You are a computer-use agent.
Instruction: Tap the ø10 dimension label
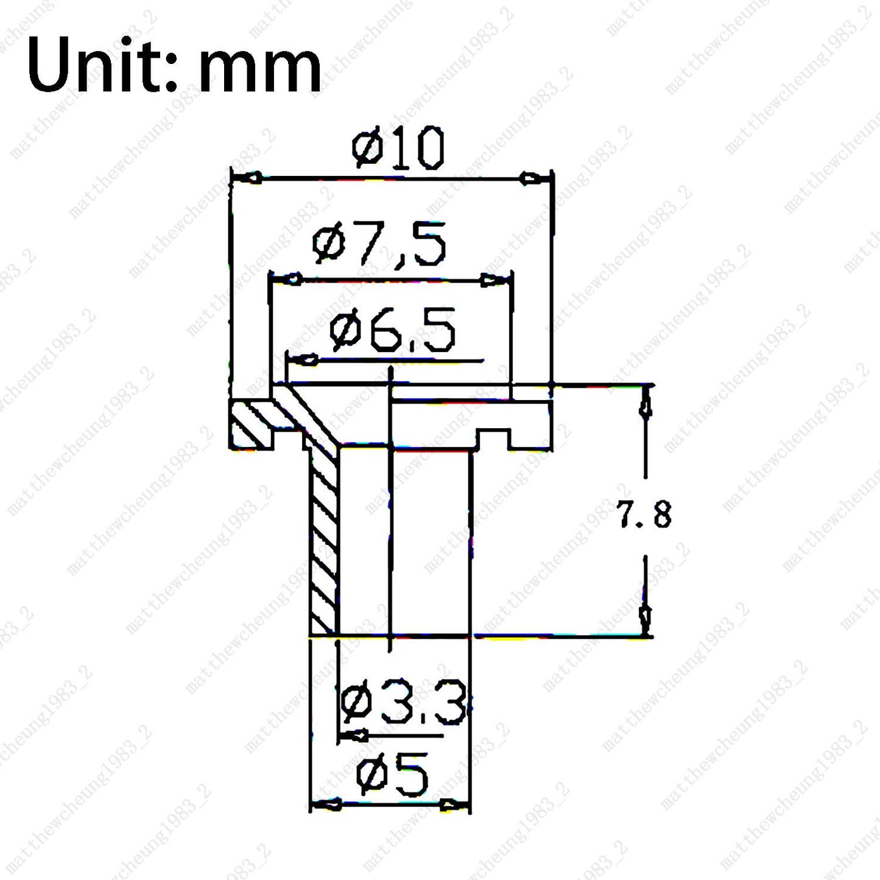tap(398, 148)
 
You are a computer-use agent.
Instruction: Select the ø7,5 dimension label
tap(379, 244)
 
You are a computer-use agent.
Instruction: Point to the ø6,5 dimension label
tap(392, 329)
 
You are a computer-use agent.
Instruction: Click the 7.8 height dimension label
tap(644, 514)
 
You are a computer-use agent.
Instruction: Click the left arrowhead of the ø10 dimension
tap(247, 178)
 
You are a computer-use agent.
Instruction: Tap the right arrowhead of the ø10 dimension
tap(534, 178)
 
